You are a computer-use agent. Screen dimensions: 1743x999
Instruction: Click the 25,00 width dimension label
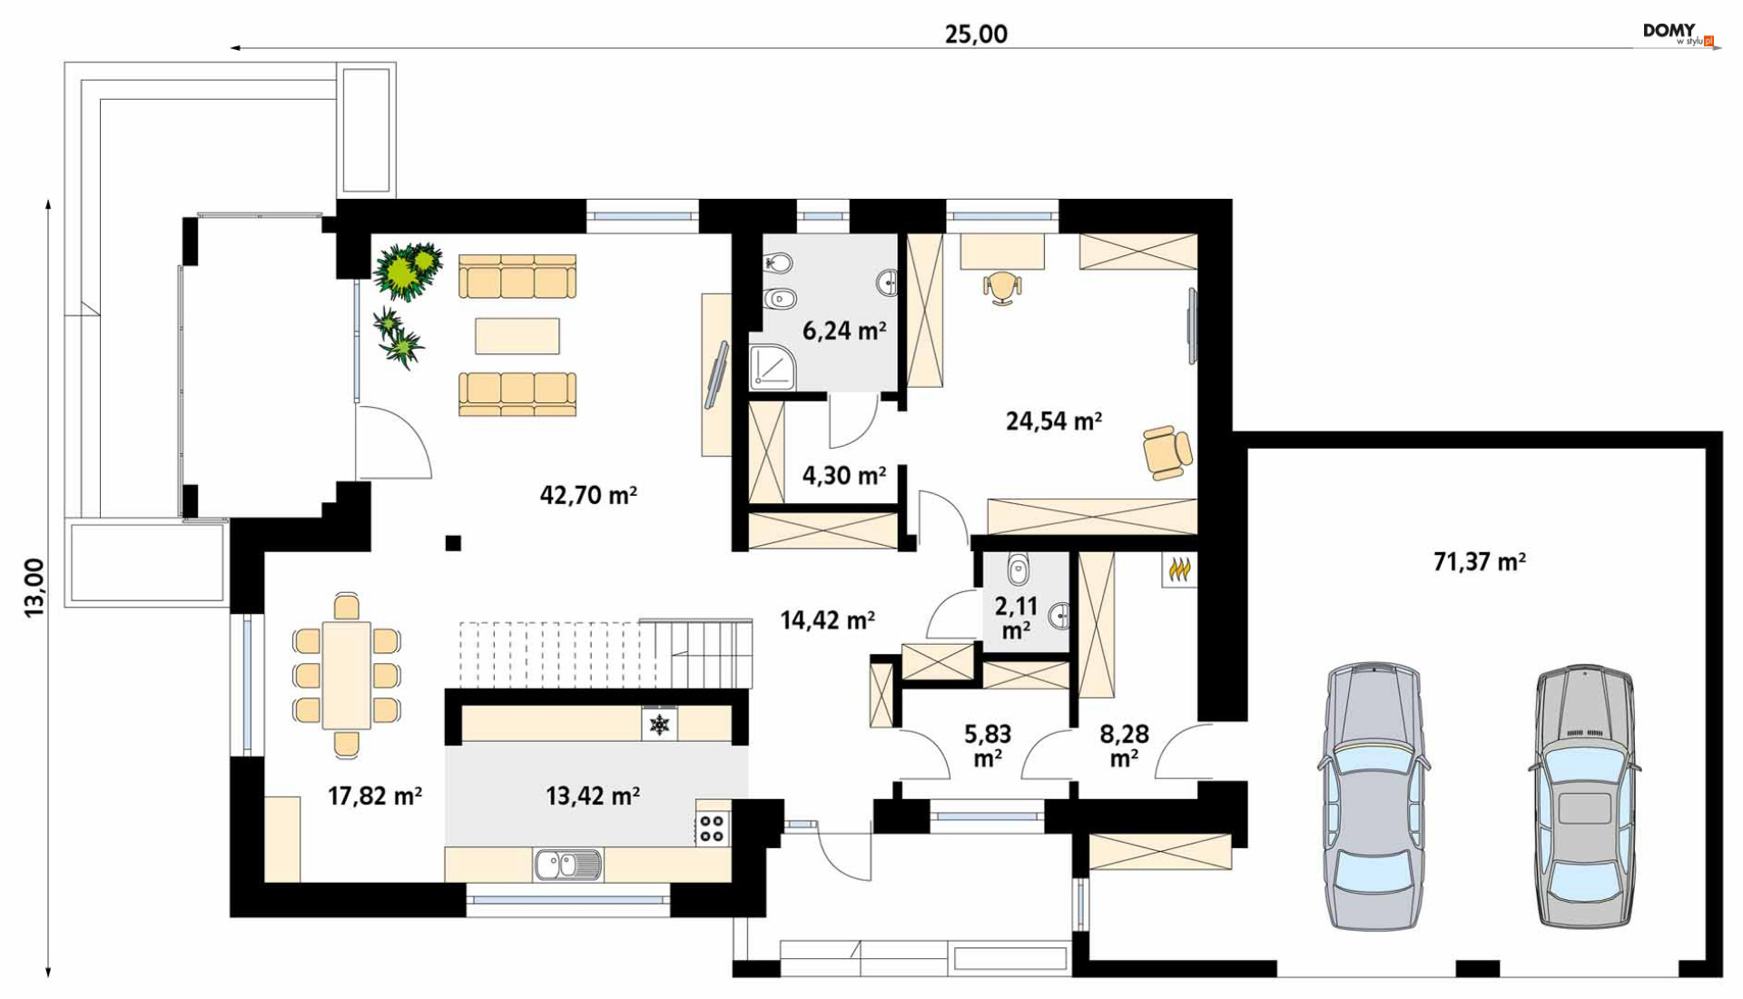976,35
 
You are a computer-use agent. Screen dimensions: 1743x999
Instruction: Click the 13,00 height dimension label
34,588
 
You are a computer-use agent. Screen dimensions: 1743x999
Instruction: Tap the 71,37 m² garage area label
1480,561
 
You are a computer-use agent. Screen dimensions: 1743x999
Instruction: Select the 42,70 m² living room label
588,495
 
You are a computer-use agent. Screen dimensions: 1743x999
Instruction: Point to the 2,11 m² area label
1016,618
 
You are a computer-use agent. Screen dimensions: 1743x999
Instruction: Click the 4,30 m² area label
843,475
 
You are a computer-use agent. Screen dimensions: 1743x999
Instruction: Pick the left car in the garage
1374,796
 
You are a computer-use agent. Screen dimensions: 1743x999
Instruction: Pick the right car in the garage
1584,796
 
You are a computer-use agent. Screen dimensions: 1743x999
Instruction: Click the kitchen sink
567,865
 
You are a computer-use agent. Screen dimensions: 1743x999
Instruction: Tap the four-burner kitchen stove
713,828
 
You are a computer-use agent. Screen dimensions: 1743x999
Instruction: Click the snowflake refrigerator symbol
659,725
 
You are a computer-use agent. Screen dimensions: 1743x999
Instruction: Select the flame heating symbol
1179,570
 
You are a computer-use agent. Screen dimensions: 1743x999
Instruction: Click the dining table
346,675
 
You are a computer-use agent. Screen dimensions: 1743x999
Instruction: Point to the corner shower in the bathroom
772,367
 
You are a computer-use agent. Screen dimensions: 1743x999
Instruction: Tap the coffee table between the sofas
517,336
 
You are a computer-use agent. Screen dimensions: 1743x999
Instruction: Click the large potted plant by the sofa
408,270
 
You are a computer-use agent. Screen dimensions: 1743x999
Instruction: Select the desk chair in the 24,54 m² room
1002,287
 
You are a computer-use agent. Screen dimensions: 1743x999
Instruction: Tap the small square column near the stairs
453,543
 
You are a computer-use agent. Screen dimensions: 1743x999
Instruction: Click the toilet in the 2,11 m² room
1019,569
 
